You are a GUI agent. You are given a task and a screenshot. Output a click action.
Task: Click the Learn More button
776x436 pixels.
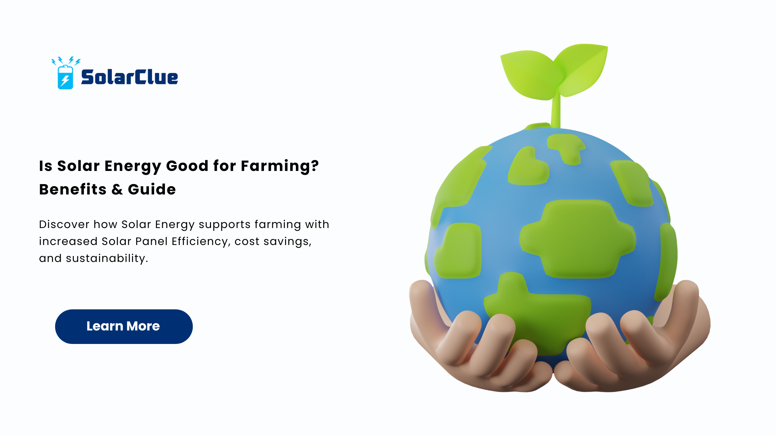point(124,326)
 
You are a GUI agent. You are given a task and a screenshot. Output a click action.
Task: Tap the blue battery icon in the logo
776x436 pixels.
point(65,77)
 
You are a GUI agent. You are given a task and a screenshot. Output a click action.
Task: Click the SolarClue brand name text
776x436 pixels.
point(129,77)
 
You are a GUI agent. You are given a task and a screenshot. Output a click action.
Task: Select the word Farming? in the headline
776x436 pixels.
point(280,166)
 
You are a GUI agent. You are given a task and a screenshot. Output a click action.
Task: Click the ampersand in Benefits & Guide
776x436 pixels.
point(117,190)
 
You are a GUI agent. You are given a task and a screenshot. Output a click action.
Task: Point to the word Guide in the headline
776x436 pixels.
point(152,190)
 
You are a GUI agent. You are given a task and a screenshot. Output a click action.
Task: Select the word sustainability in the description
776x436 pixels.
point(107,258)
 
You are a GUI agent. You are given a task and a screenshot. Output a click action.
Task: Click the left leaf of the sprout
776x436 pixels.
point(530,74)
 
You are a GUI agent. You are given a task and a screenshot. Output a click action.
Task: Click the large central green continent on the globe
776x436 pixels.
point(577,239)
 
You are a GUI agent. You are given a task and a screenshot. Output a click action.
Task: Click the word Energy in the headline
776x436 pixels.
point(133,166)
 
